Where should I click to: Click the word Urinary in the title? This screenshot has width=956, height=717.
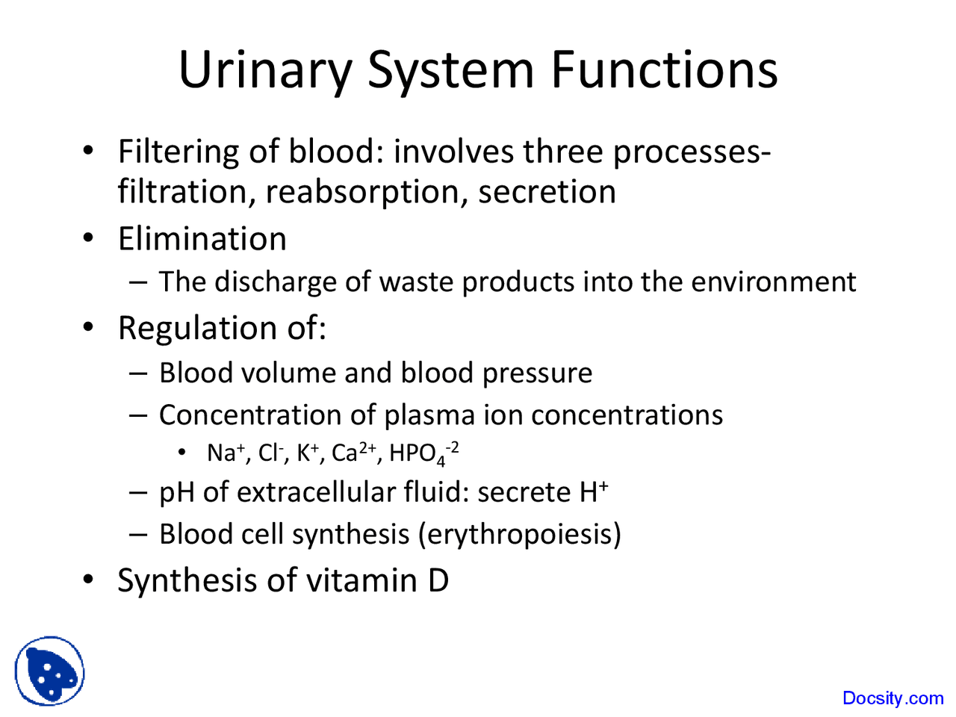(x=264, y=70)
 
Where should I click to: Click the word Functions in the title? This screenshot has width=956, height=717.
(x=664, y=70)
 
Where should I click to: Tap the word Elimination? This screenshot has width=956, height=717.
(x=202, y=239)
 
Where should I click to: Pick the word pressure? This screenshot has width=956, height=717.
(x=537, y=373)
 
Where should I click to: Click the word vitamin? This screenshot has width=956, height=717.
(x=361, y=580)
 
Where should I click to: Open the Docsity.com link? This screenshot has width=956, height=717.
(x=893, y=698)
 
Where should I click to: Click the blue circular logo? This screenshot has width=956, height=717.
(x=49, y=671)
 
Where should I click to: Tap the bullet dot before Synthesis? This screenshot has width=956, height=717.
(x=89, y=580)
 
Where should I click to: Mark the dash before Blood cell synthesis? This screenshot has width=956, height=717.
(x=139, y=534)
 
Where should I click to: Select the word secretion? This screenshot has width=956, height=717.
(x=547, y=192)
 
